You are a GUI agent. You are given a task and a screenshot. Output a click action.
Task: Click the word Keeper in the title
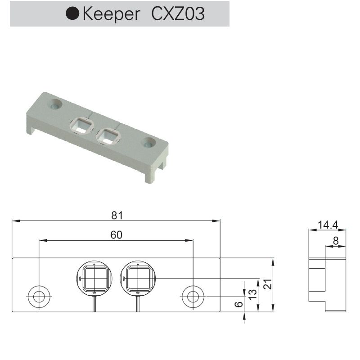click(x=112, y=14)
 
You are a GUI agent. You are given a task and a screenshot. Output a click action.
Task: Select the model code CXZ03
click(x=178, y=14)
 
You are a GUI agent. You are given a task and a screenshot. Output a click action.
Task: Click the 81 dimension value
click(x=117, y=215)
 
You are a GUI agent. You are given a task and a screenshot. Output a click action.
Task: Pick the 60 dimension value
click(x=116, y=234)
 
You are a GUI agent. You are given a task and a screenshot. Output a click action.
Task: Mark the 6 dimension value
click(x=239, y=304)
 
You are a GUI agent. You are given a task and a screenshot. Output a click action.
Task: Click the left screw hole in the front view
click(x=39, y=297)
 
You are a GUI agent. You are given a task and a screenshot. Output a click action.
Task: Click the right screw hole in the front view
click(x=193, y=297)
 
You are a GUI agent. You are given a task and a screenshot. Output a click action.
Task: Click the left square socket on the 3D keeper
click(x=81, y=125)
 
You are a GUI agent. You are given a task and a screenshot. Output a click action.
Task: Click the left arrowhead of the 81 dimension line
click(x=15, y=221)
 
